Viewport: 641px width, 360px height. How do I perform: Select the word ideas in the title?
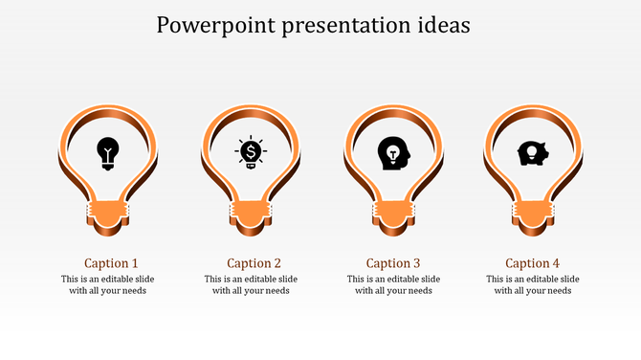click(445, 26)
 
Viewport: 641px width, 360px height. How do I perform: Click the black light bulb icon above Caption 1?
click(109, 152)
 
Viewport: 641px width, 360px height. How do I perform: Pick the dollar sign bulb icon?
click(251, 152)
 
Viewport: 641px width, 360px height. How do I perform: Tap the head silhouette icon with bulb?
click(392, 153)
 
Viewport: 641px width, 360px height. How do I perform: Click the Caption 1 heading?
click(111, 263)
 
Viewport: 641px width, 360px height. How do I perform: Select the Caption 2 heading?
click(254, 263)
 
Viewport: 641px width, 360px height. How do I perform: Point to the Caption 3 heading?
click(393, 263)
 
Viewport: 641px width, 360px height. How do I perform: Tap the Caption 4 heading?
click(533, 263)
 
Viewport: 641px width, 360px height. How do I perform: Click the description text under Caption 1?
click(108, 285)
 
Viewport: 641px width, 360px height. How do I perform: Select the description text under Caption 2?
click(251, 285)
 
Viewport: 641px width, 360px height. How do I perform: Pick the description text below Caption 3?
click(393, 285)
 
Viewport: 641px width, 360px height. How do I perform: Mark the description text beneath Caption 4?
click(533, 285)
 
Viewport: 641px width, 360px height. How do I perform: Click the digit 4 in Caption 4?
click(556, 263)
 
